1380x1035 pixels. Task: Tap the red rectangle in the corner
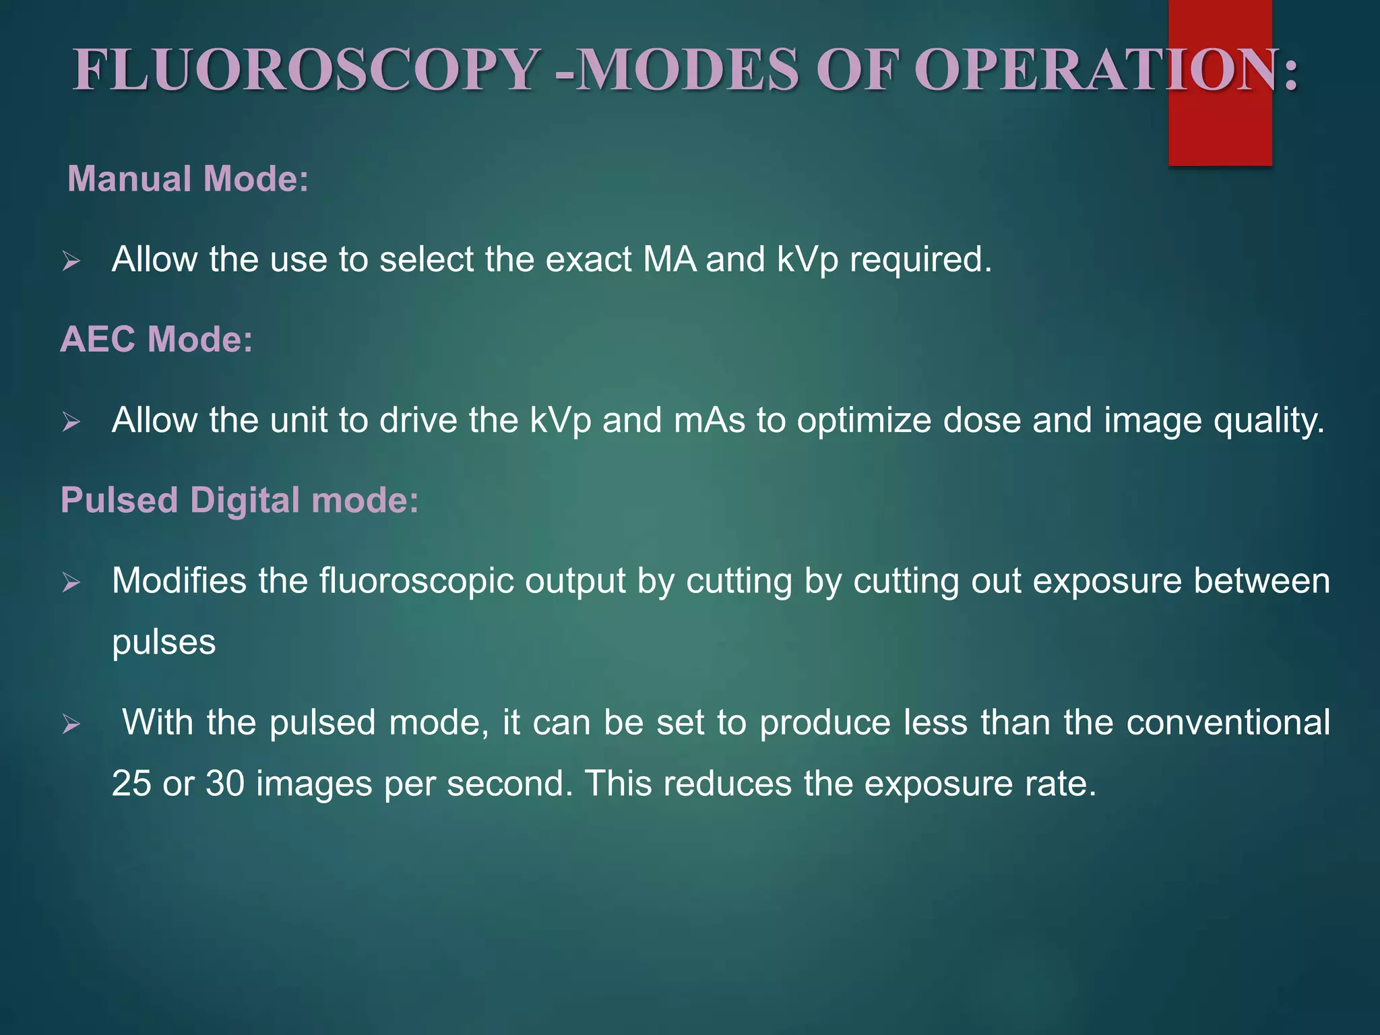(1220, 135)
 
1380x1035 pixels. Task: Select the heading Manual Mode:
(188, 179)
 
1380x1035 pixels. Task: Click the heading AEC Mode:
(156, 339)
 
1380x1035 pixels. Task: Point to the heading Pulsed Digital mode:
(239, 501)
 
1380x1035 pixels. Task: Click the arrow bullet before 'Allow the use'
(71, 261)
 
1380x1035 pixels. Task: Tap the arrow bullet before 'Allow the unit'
(71, 422)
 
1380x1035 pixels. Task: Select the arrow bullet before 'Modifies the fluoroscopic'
(71, 583)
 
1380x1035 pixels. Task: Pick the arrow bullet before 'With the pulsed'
(71, 725)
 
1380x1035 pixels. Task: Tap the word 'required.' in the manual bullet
(920, 260)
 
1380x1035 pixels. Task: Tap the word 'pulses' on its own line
(164, 643)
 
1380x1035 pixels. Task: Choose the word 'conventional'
(1228, 723)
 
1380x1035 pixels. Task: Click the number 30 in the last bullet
(225, 784)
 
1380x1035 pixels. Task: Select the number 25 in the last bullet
(131, 784)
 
